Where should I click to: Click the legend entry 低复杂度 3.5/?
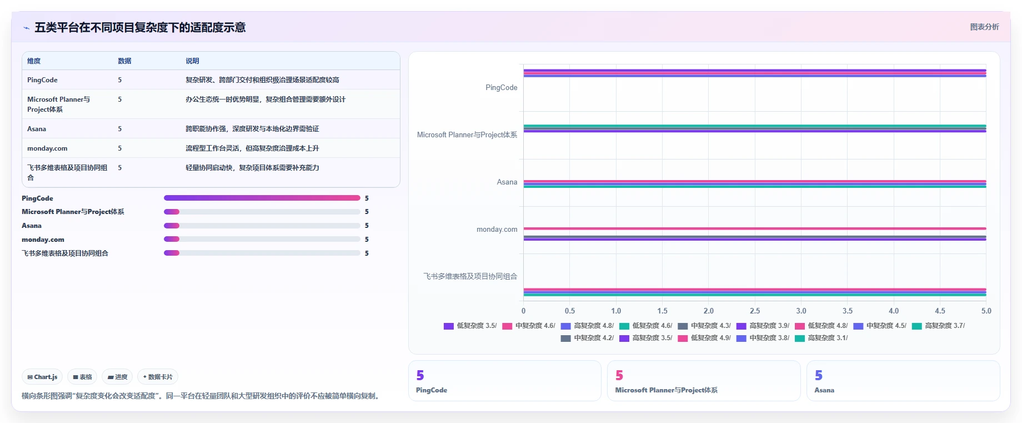coord(470,326)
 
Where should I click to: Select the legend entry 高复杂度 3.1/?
coord(821,338)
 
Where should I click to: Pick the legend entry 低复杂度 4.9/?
coord(704,338)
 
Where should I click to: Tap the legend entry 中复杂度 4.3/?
coord(704,326)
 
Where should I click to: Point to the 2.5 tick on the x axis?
coord(755,311)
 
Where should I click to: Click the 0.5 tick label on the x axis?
coord(570,311)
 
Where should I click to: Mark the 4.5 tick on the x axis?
coord(940,311)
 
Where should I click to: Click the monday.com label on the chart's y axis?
coord(497,229)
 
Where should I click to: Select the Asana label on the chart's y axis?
coord(507,182)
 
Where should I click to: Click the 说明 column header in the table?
coord(192,61)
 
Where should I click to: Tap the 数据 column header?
coord(124,61)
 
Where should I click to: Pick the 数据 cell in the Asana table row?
coord(120,129)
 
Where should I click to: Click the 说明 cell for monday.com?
coord(252,148)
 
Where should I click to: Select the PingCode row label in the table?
coord(42,80)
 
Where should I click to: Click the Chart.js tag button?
coord(42,377)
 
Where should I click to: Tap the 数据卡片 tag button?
coord(158,377)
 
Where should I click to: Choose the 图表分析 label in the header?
coord(984,27)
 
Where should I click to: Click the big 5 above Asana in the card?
coord(819,376)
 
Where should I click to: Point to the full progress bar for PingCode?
coord(262,198)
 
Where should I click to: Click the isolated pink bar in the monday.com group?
coord(755,228)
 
